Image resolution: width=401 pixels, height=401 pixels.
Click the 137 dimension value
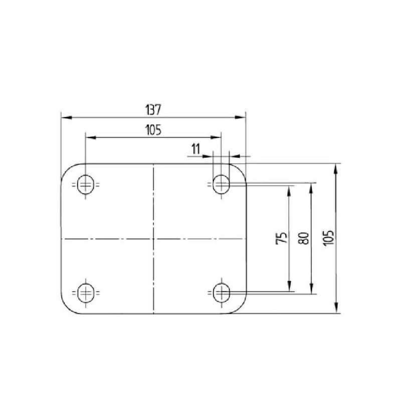pos(153,110)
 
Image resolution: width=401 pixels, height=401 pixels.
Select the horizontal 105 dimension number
pos(153,130)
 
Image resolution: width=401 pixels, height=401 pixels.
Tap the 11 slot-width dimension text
pos(195,149)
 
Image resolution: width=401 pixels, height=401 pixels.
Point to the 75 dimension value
pos(282,238)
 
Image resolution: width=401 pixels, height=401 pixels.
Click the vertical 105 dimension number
pos(329,238)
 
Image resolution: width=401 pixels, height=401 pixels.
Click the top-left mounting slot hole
pos(86,184)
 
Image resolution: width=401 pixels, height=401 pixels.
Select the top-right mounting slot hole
pos(221,184)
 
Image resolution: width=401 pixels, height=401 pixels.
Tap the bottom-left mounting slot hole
pos(86,293)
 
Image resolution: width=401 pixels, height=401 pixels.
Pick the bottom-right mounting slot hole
pos(221,293)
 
